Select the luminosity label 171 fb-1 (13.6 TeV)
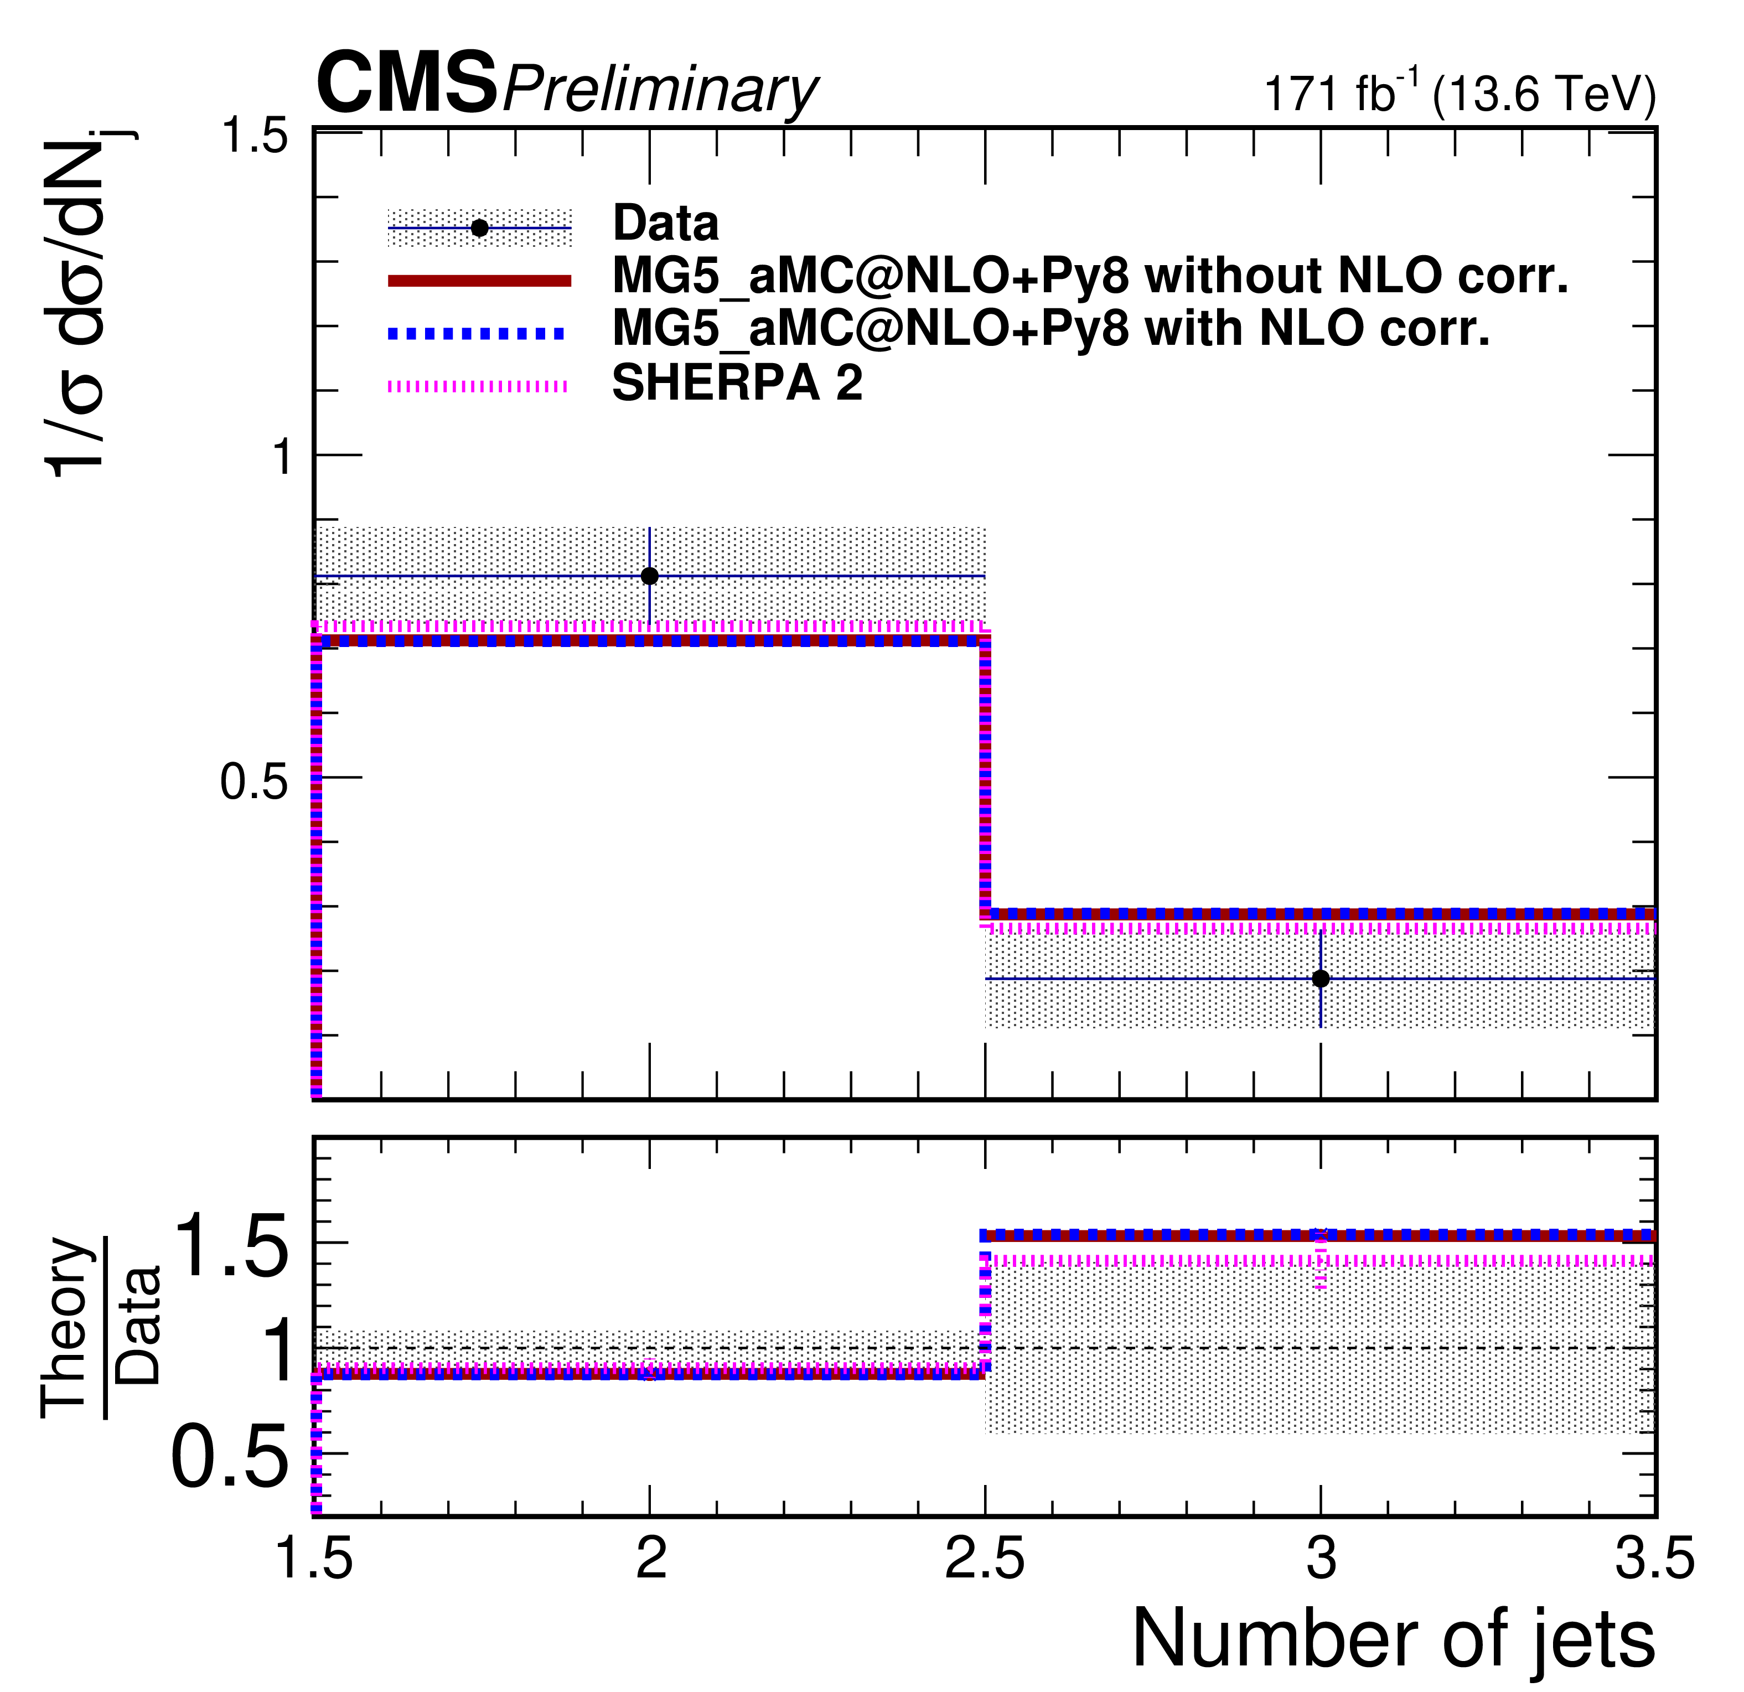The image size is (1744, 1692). click(x=1460, y=92)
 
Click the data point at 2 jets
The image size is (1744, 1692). click(x=650, y=577)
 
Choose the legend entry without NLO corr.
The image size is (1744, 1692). click(x=1089, y=277)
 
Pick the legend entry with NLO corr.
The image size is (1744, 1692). click(x=1050, y=329)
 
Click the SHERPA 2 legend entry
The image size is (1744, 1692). click(x=737, y=384)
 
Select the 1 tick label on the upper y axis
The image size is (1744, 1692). click(x=282, y=457)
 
